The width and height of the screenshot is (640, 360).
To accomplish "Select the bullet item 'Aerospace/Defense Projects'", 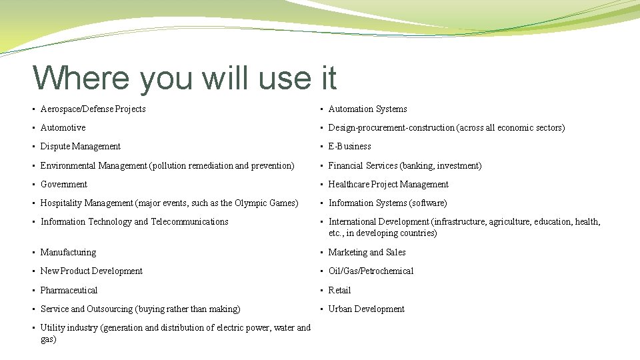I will (x=93, y=109).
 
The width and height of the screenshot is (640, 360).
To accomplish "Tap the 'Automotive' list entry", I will (x=63, y=127).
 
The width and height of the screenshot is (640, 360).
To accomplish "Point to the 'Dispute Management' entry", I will (x=80, y=146).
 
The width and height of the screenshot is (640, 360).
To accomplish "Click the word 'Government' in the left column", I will (x=63, y=184).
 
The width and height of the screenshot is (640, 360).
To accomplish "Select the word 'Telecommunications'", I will (x=189, y=221).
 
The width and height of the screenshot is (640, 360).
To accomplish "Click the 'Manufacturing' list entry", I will (x=68, y=252).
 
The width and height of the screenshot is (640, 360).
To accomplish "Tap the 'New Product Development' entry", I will (x=91, y=271).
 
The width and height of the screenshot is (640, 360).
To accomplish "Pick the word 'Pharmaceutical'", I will (x=69, y=290).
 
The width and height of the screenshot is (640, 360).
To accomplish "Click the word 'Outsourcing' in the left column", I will (x=110, y=309).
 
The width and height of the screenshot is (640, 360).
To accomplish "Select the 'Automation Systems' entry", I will (x=367, y=109).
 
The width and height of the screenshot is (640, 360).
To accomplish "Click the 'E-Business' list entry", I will (x=349, y=146).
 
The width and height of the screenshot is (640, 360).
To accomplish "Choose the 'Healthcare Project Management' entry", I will (x=388, y=184).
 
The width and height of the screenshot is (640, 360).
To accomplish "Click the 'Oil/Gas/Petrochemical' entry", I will (x=371, y=271).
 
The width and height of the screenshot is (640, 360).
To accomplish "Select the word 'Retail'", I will (x=339, y=290).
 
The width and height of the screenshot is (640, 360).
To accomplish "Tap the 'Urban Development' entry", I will (x=366, y=309).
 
